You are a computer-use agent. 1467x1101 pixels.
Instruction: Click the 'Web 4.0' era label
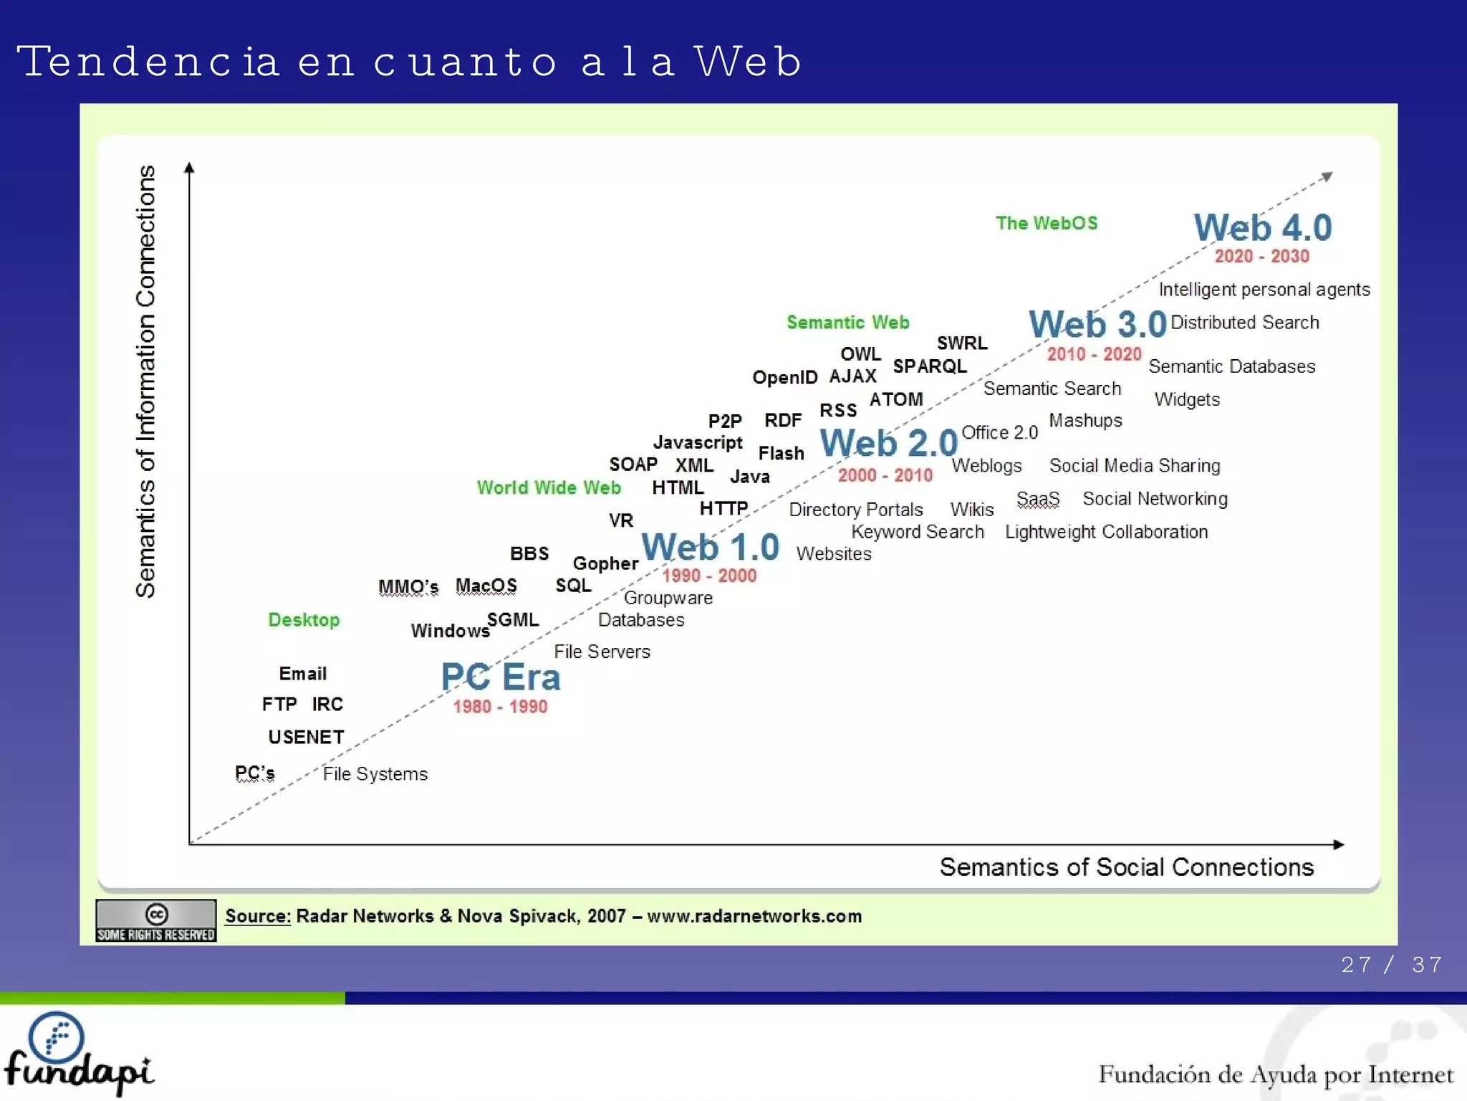[1262, 228]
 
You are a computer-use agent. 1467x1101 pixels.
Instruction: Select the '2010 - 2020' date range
[1094, 354]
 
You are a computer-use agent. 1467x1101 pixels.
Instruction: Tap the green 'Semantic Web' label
[847, 323]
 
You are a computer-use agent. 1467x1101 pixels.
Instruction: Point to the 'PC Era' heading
[500, 677]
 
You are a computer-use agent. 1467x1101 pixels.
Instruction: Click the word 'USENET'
[306, 737]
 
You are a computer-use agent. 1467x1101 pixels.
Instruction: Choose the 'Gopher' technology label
[605, 563]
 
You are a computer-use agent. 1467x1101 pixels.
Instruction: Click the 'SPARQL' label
[929, 366]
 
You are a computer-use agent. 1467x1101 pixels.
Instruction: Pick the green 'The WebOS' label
[1046, 223]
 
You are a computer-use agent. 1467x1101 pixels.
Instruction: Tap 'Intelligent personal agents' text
[1264, 290]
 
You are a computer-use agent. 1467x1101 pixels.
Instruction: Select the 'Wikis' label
[971, 510]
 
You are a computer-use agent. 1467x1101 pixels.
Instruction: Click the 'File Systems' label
[375, 774]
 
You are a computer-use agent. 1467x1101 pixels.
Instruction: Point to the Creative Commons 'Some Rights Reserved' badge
[156, 920]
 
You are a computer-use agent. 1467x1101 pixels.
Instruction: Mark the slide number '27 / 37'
[1391, 965]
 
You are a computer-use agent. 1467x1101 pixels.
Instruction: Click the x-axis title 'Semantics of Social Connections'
[1126, 867]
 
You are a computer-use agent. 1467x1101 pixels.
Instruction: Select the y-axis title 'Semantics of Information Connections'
[145, 381]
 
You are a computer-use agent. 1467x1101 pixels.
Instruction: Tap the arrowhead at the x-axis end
[1339, 845]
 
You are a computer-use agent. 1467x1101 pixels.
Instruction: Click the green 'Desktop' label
[304, 620]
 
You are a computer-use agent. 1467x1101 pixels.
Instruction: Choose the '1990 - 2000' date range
[708, 576]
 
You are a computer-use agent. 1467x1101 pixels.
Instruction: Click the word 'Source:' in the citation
[258, 916]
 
